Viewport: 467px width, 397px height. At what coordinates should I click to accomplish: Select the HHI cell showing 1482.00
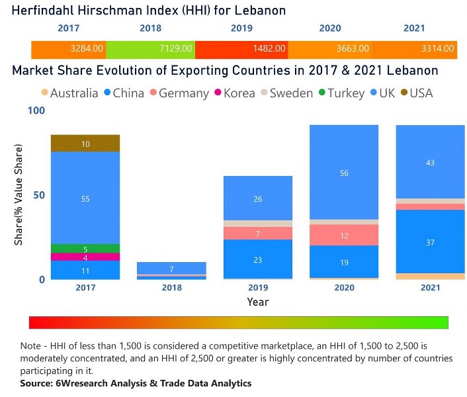[271, 49]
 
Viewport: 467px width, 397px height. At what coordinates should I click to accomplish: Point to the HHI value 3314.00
[439, 49]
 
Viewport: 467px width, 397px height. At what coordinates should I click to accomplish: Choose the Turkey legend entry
[341, 93]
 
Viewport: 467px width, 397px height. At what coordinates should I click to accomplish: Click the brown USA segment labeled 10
[85, 144]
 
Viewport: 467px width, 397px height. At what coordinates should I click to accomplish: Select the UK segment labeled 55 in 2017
[85, 198]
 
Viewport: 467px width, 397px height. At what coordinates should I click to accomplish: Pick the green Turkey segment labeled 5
[85, 249]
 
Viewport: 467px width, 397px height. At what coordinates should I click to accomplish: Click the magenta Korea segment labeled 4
[85, 257]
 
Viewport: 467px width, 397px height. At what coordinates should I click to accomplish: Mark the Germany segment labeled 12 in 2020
[344, 236]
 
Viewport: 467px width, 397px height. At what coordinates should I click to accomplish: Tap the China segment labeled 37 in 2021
[430, 242]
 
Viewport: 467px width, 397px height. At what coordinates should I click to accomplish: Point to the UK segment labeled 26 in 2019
[258, 198]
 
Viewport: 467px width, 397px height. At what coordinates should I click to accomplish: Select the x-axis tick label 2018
[171, 288]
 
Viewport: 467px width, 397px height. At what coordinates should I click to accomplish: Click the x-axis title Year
[258, 302]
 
